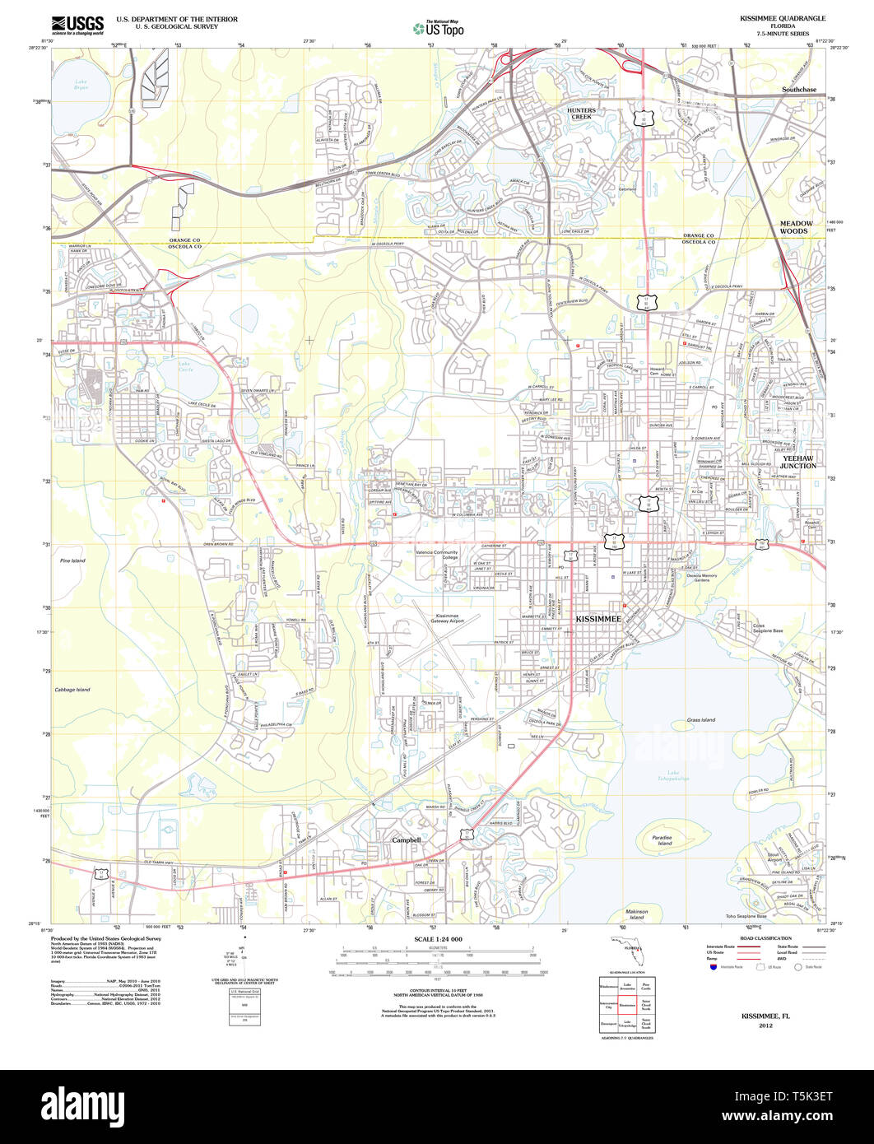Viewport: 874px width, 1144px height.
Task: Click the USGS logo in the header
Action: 77,25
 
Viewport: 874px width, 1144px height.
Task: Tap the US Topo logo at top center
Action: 438,28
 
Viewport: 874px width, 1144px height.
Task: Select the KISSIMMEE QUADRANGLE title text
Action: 782,18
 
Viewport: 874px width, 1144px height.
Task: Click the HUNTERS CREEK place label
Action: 581,114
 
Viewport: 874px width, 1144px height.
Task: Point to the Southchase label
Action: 799,89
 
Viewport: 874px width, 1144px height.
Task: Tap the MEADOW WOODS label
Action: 796,227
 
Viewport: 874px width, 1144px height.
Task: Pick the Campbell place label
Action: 407,839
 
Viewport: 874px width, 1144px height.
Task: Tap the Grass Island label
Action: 701,719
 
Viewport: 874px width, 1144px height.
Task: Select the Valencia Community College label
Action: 437,555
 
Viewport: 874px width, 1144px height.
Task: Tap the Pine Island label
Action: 72,560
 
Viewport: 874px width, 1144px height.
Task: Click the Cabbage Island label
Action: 72,690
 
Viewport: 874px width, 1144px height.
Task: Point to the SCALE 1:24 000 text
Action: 438,939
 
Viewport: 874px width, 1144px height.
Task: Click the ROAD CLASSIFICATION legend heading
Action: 765,938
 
